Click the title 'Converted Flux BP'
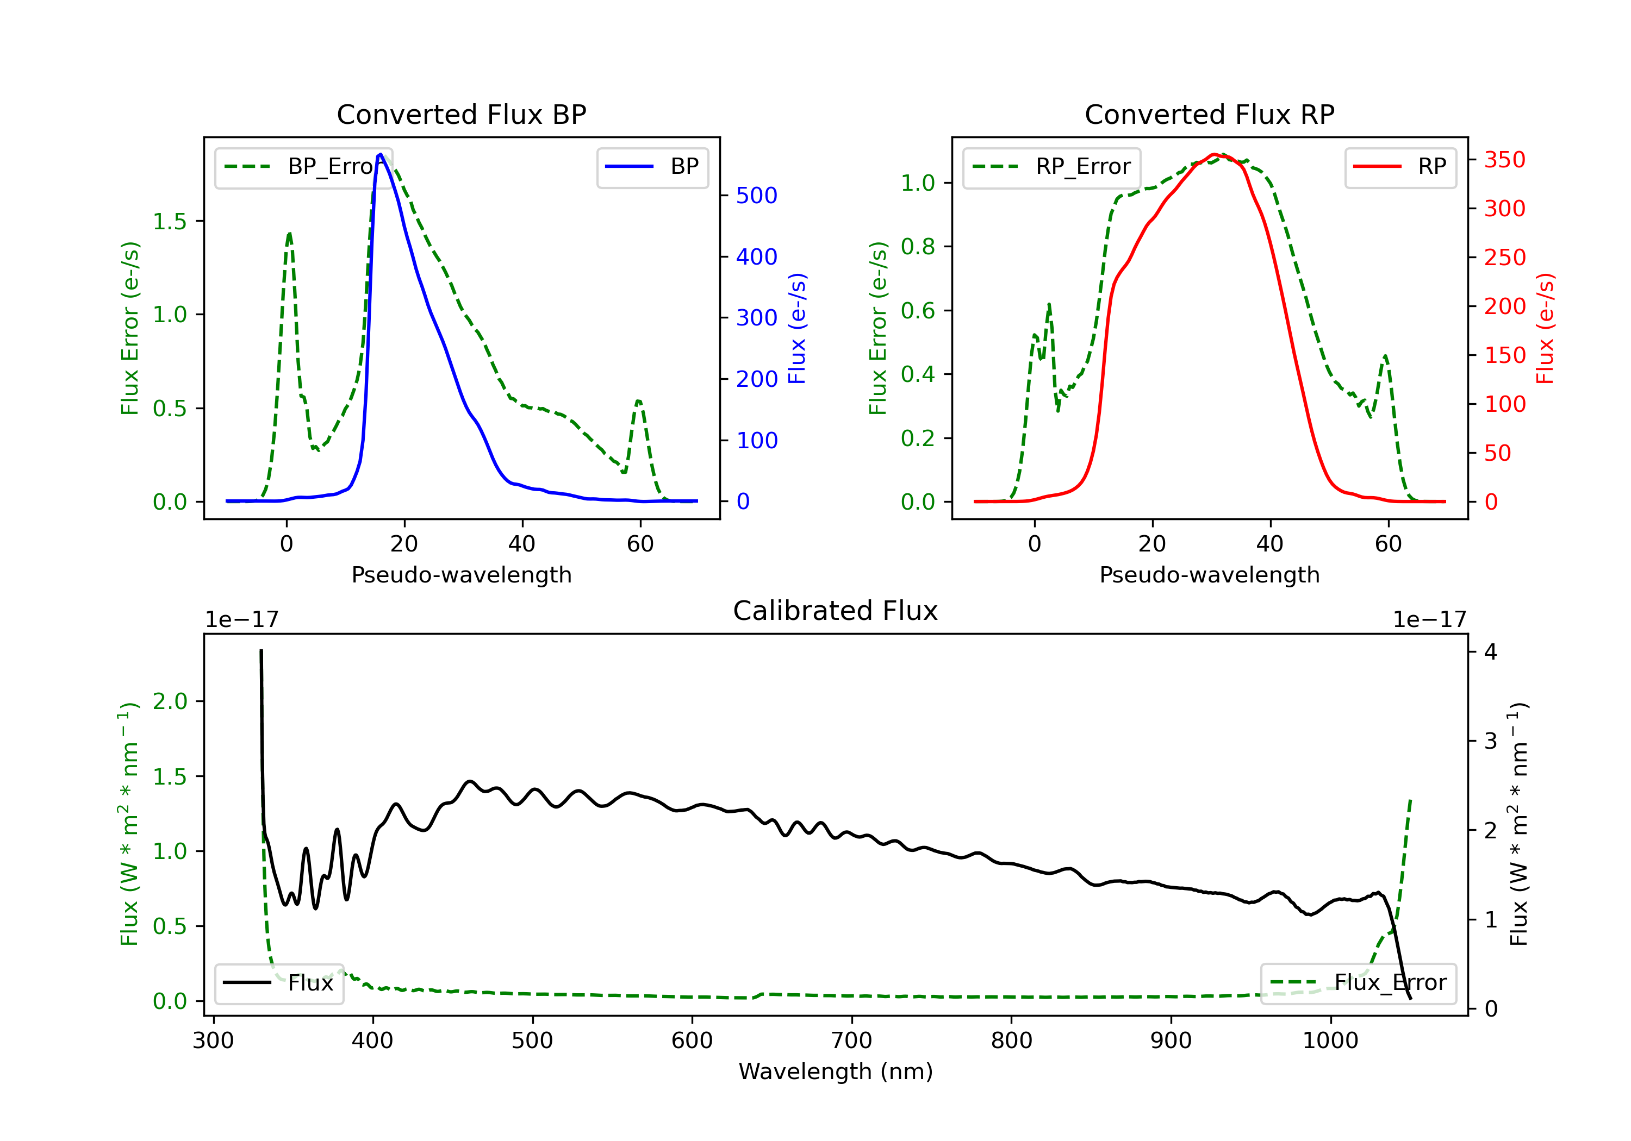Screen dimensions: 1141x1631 (x=461, y=114)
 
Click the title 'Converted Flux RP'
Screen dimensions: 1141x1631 (x=1209, y=114)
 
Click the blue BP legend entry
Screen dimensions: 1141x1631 (x=652, y=167)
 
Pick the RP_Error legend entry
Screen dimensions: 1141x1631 (x=1051, y=167)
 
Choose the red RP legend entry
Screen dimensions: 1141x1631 (x=1400, y=167)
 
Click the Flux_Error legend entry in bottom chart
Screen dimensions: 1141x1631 (x=1358, y=983)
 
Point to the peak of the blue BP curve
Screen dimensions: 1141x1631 (x=381, y=154)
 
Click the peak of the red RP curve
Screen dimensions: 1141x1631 (x=1215, y=154)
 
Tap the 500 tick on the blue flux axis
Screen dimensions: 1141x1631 (x=756, y=195)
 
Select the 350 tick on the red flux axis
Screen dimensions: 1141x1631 (x=1504, y=160)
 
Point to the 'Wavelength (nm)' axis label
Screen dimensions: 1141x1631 (x=836, y=1071)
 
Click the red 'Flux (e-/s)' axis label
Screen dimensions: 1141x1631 (x=1545, y=328)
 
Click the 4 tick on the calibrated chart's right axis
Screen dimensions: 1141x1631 (x=1490, y=652)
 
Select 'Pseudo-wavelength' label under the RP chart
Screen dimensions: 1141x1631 (x=1209, y=574)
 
